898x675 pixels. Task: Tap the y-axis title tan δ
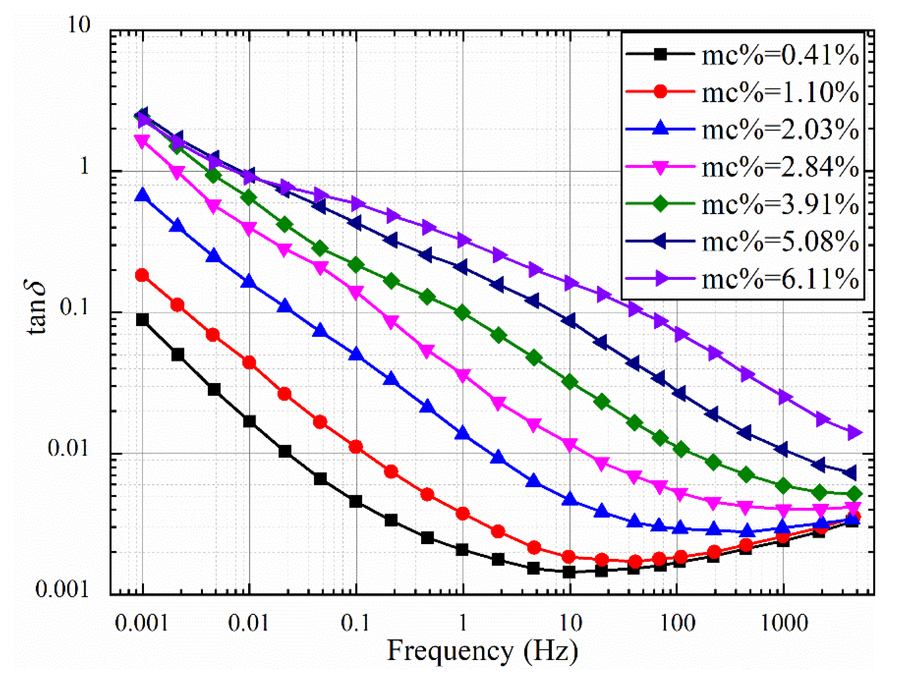(36, 307)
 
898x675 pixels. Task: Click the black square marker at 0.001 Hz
(142, 320)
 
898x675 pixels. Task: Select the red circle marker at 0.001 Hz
(142, 275)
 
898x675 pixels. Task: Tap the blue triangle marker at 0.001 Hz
(142, 196)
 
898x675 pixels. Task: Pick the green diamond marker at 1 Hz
(462, 313)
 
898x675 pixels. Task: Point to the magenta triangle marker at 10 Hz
(570, 444)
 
